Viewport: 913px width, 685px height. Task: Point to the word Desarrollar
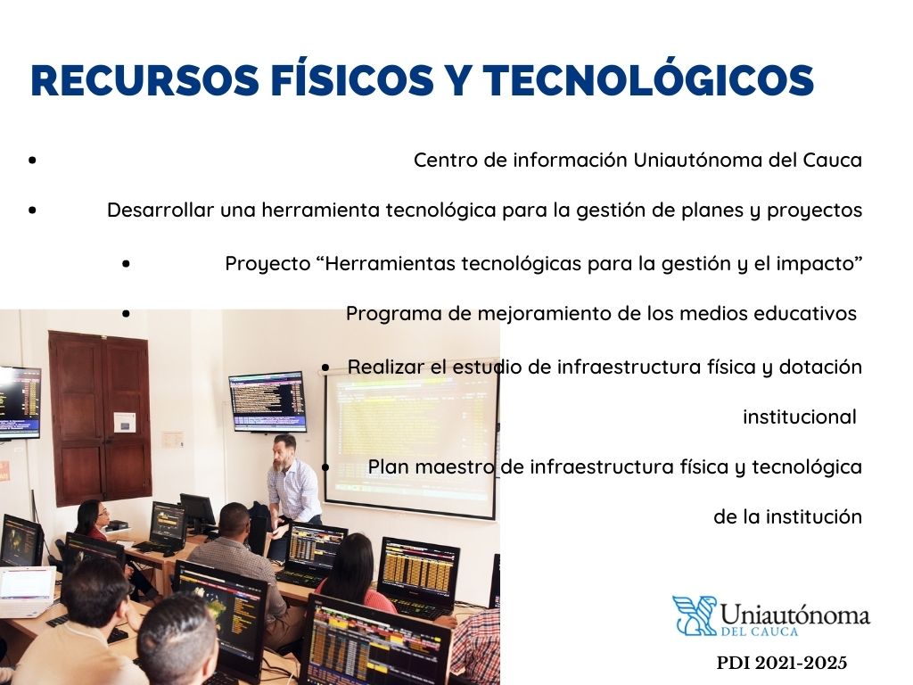(x=160, y=210)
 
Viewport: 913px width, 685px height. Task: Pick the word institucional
(x=800, y=417)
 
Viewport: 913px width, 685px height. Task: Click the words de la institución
(x=788, y=516)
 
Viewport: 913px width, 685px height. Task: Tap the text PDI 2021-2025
(x=781, y=663)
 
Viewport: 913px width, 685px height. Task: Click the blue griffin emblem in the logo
(x=694, y=615)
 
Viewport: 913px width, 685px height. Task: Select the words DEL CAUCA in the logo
(x=759, y=631)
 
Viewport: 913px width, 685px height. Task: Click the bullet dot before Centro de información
(x=32, y=160)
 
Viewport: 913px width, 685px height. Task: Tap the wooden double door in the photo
(x=100, y=417)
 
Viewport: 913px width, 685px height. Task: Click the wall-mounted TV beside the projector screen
(x=267, y=402)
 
